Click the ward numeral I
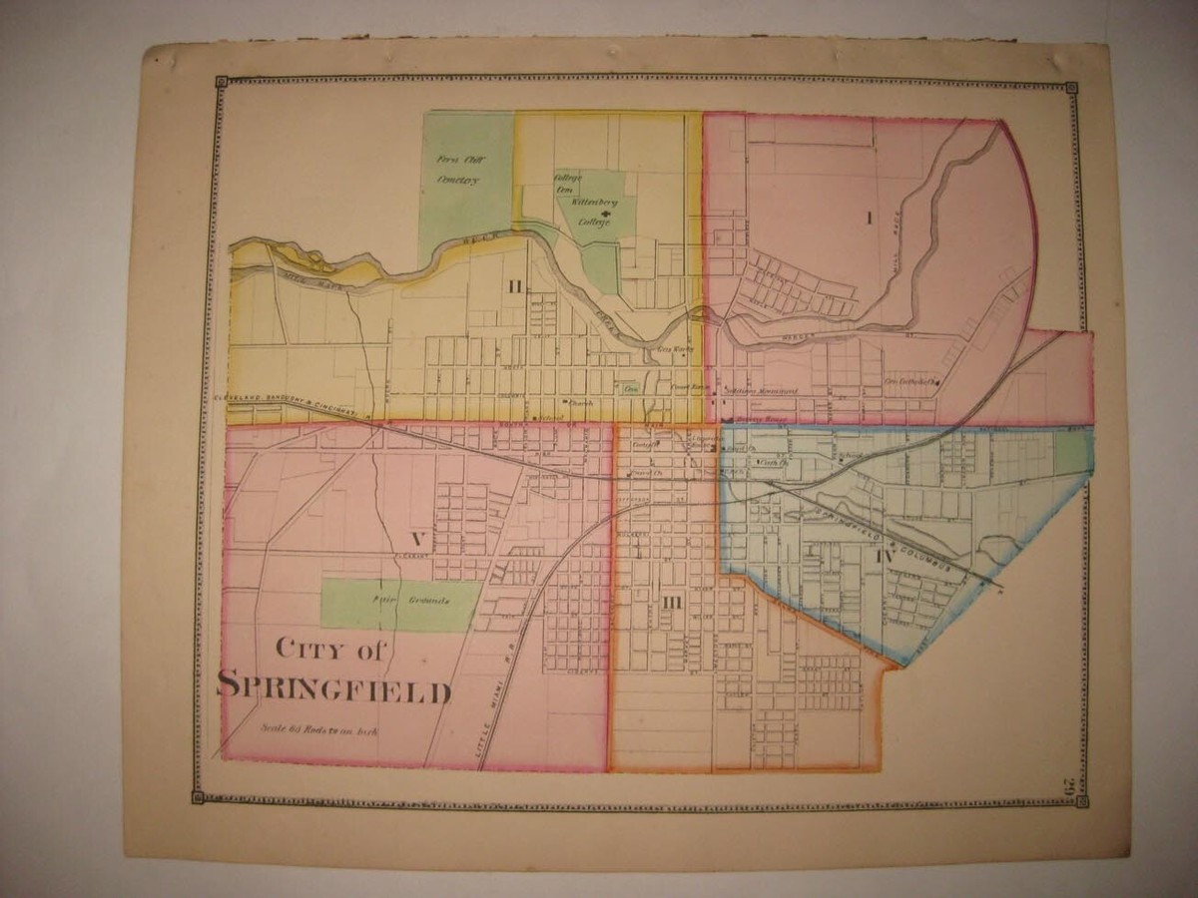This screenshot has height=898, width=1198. [x=870, y=218]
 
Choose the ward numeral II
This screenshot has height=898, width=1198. [x=514, y=288]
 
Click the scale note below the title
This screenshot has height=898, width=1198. [x=322, y=729]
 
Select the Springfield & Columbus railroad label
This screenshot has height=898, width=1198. [x=894, y=544]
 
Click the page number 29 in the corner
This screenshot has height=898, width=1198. [x=1068, y=786]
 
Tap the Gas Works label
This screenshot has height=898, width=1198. [x=675, y=349]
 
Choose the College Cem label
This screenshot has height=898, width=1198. [x=566, y=184]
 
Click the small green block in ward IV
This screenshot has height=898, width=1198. [x=1070, y=451]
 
